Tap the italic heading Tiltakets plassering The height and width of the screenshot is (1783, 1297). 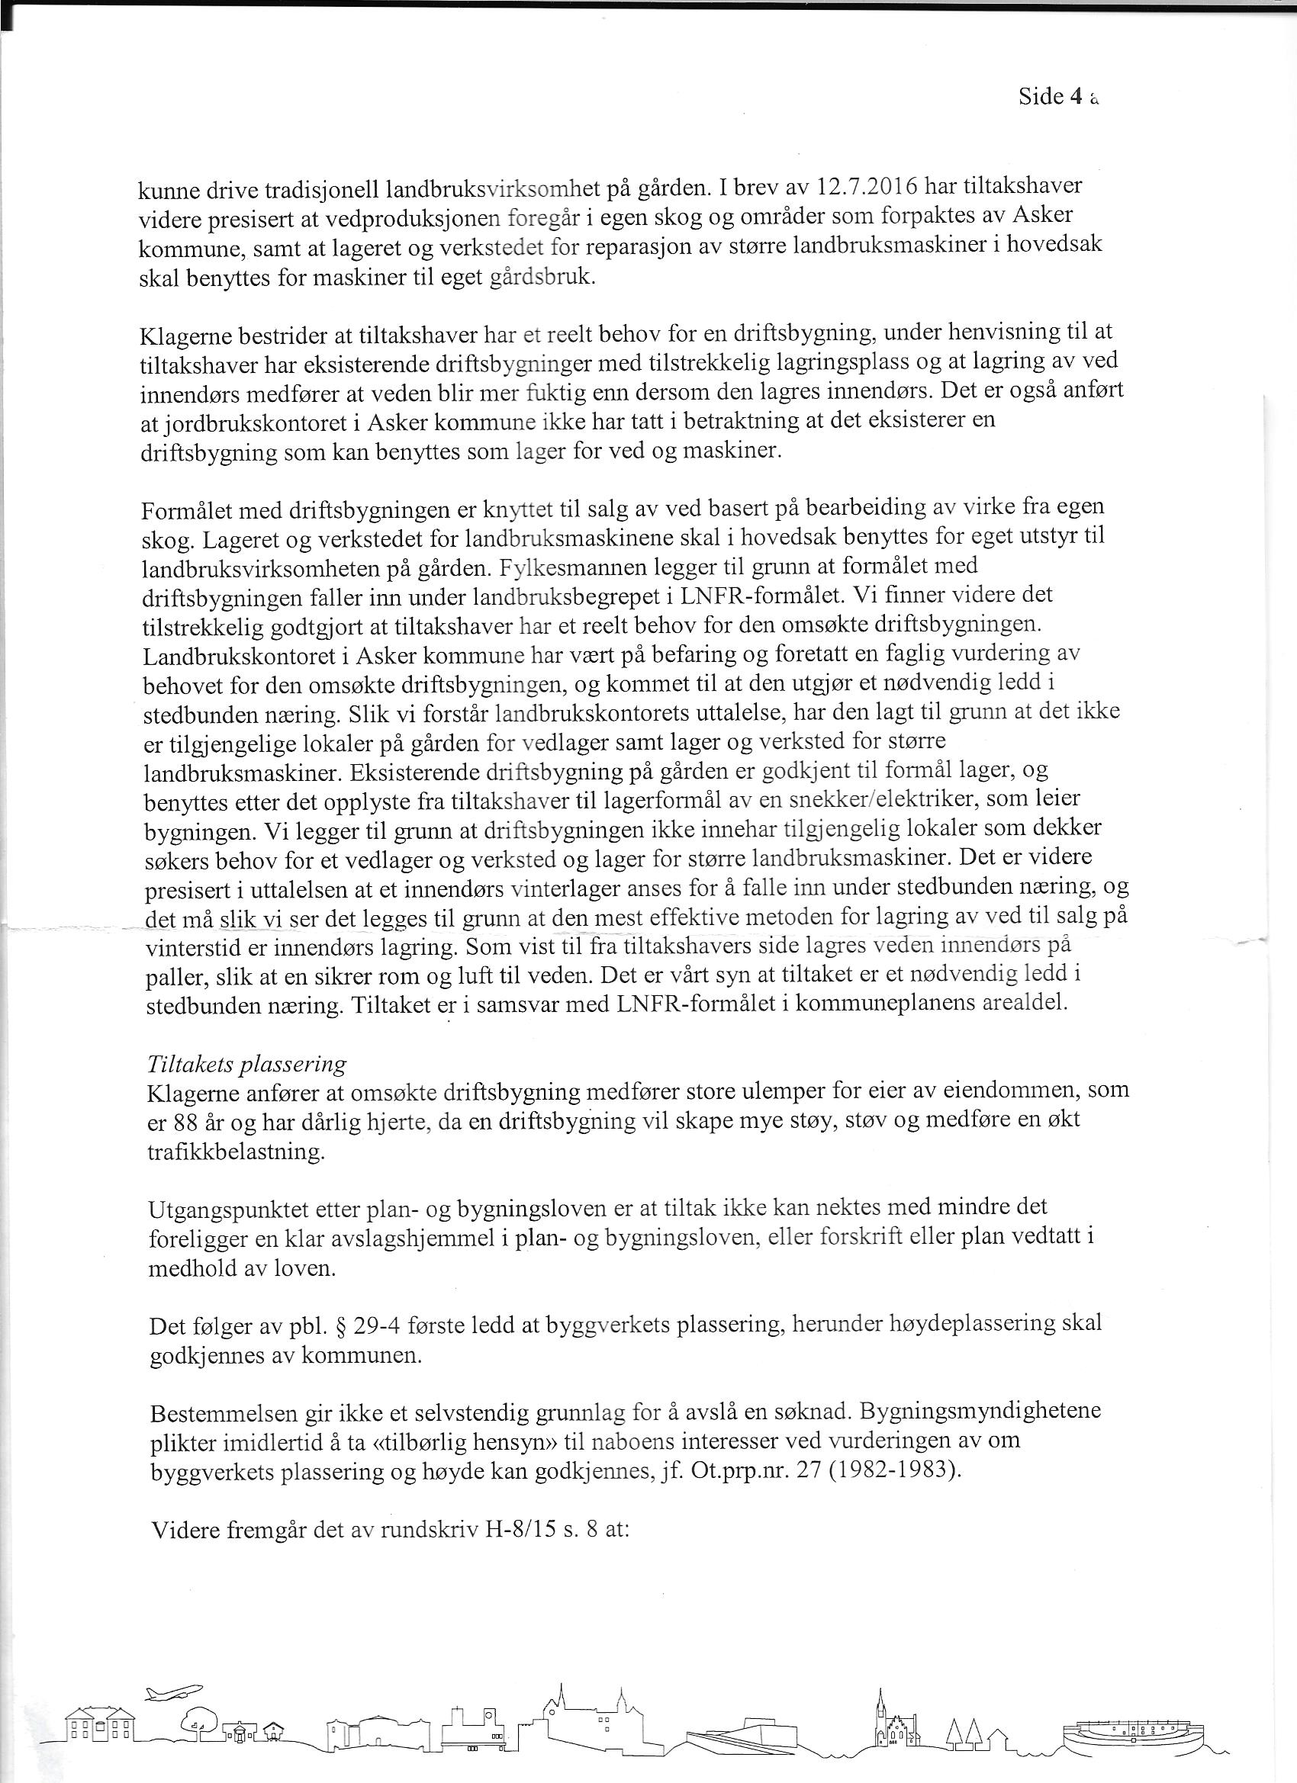point(246,1065)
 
